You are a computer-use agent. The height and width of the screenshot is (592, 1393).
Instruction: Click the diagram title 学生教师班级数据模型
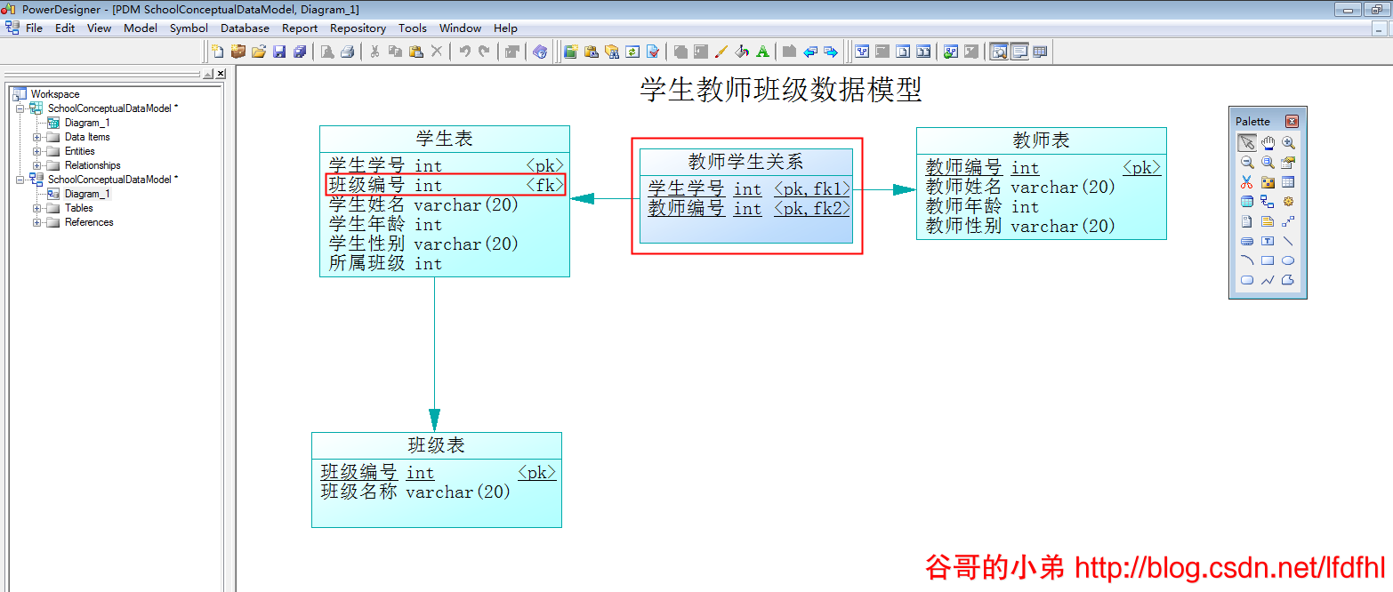coord(780,90)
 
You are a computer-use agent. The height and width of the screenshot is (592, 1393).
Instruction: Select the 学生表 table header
coord(444,139)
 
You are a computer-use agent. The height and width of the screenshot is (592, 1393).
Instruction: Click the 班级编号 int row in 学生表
coord(385,185)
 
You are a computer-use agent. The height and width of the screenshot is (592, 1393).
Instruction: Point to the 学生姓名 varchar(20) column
coord(423,205)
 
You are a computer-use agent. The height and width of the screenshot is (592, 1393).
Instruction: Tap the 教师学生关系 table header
coord(745,161)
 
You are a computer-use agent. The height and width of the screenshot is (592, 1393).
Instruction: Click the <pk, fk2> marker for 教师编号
coord(811,209)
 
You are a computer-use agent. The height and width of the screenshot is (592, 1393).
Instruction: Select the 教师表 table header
coord(1041,140)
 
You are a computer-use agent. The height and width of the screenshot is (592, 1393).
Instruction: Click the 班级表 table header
coord(436,445)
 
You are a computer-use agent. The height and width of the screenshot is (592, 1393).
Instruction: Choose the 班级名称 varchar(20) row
coord(415,492)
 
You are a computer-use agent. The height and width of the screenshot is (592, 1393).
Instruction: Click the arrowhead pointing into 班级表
coord(434,420)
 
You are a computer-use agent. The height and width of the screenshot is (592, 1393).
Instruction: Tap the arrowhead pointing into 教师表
coord(904,189)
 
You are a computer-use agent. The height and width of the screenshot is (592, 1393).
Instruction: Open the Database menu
coord(245,28)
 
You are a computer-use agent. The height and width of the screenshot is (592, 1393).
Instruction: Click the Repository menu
coord(358,28)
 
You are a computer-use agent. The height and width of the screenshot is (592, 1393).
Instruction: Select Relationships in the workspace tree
coord(93,165)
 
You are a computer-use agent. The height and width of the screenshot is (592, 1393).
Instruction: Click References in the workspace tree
coord(89,222)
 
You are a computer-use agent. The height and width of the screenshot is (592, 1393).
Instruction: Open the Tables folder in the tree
coord(78,208)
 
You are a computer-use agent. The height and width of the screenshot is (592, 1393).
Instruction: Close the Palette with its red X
coord(1292,121)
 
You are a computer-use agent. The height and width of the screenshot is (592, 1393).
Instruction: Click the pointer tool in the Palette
coord(1247,142)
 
